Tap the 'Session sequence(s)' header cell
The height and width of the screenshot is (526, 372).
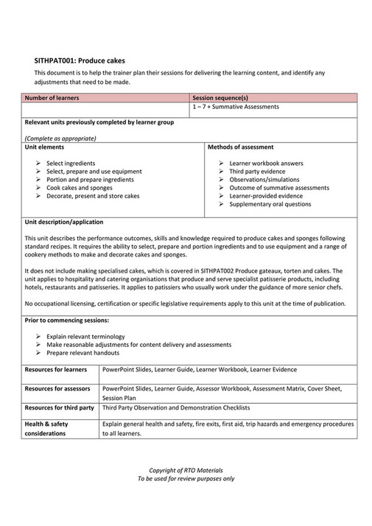[x=220, y=97]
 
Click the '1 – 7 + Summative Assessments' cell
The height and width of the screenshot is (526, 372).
[x=236, y=107]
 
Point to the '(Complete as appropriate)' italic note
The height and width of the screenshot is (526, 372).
[x=61, y=138]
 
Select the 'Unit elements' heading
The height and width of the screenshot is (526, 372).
[x=45, y=147]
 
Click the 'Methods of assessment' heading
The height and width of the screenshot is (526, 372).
[x=241, y=147]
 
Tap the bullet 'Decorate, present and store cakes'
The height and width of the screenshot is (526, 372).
[x=92, y=196]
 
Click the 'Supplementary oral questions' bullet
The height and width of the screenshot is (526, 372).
[x=270, y=204]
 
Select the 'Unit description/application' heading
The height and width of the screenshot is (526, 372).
[x=64, y=222]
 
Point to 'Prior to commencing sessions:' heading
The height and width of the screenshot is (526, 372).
[x=67, y=320]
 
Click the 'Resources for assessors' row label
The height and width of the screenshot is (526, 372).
[x=57, y=388]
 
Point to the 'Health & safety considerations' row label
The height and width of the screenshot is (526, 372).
[x=50, y=428]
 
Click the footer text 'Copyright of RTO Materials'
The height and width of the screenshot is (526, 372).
[x=186, y=469]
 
